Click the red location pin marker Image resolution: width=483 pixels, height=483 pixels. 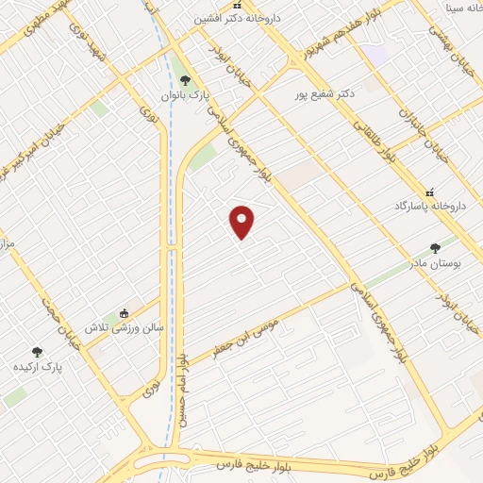(x=242, y=222)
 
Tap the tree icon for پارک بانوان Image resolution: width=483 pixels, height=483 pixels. (x=185, y=81)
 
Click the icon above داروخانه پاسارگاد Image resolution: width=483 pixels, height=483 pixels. (x=431, y=192)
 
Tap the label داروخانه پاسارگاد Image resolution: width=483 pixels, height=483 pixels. (x=430, y=206)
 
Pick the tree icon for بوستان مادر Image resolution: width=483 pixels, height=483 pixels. (x=435, y=248)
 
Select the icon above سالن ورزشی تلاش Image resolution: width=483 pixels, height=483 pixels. (x=124, y=314)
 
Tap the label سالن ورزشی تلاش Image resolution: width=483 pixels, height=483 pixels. (x=125, y=327)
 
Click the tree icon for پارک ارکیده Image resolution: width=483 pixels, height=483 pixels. (x=37, y=352)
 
